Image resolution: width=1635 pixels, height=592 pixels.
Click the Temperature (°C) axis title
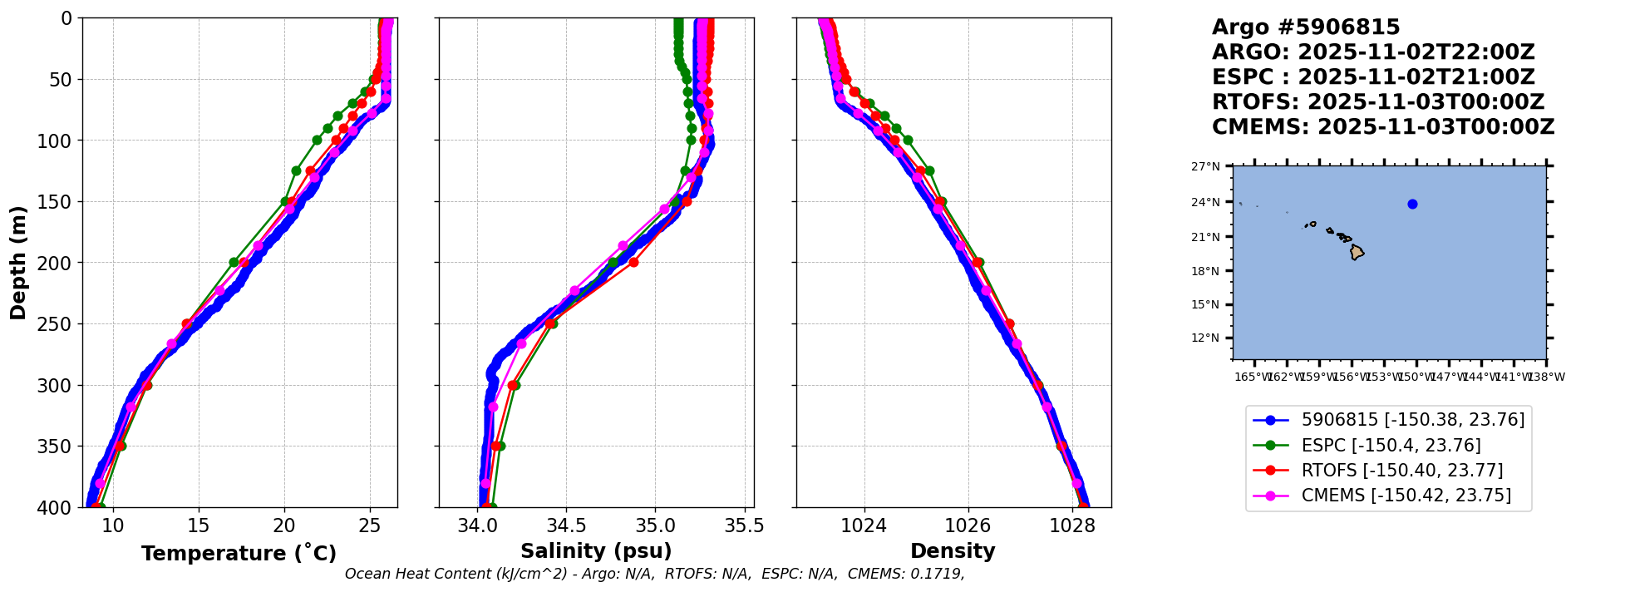click(239, 554)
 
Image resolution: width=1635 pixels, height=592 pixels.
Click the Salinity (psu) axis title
click(596, 551)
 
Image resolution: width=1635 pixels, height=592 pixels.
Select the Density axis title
click(953, 551)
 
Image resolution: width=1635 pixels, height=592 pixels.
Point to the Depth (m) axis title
click(17, 262)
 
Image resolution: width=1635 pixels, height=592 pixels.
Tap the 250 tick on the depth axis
click(61, 324)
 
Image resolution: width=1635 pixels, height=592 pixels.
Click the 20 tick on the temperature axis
click(284, 525)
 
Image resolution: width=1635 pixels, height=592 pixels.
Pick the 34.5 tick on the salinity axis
click(566, 525)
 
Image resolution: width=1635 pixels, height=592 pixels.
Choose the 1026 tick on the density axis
click(968, 525)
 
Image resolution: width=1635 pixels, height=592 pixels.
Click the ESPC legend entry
click(1391, 446)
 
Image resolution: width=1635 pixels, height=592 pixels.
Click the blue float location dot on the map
click(1412, 204)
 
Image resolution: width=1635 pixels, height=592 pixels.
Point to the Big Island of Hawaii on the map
click(1357, 252)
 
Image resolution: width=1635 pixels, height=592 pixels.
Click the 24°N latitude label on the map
click(1206, 202)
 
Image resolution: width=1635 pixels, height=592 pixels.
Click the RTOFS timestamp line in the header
click(1377, 102)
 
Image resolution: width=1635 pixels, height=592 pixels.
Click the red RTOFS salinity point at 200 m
click(633, 263)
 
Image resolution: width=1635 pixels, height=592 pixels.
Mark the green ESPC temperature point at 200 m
click(234, 263)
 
